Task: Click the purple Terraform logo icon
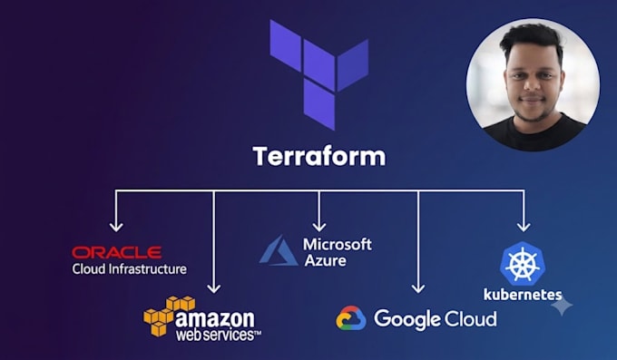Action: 319,74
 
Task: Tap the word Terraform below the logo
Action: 319,156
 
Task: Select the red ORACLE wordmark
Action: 117,253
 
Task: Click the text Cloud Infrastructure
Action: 129,269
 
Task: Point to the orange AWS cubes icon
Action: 169,316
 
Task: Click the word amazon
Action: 215,318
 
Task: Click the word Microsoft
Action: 338,244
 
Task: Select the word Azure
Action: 326,260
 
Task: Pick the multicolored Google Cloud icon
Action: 351,318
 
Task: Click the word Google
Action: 406,319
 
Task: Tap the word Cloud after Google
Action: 470,318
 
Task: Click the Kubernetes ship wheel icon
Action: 523,263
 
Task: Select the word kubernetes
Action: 523,295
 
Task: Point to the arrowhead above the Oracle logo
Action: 116,228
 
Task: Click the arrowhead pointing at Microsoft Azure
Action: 319,227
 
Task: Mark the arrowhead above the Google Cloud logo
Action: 418,288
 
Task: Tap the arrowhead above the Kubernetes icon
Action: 524,227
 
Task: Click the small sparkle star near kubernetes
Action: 562,306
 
